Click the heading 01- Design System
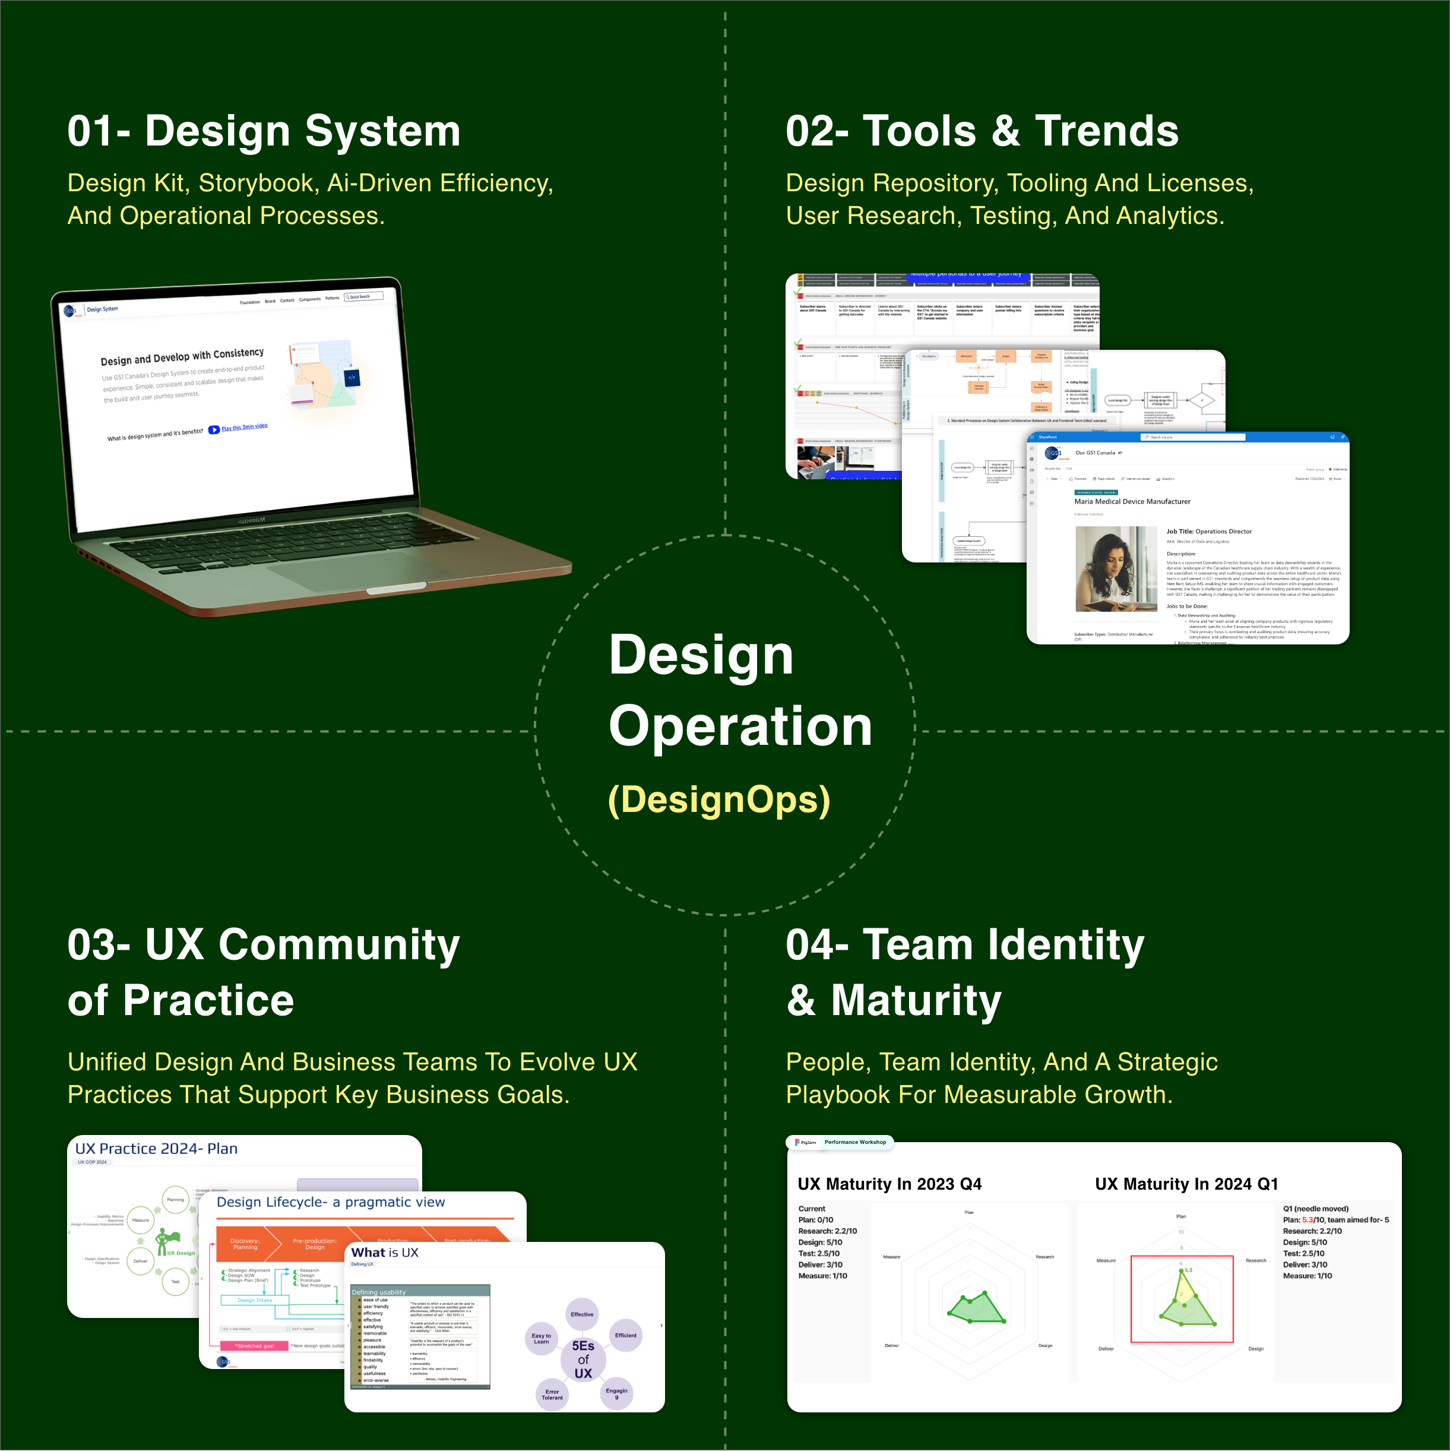click(x=264, y=131)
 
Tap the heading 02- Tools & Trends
click(x=982, y=131)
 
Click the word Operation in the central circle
click(x=740, y=726)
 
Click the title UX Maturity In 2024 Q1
click(x=1186, y=1184)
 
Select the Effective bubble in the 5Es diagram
click(x=582, y=1314)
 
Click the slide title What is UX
click(x=384, y=1253)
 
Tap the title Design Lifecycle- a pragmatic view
click(x=330, y=1202)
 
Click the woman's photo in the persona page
click(x=1115, y=568)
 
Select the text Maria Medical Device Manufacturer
click(x=1132, y=502)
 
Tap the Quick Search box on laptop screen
click(x=363, y=296)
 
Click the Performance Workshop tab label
click(x=854, y=1142)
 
